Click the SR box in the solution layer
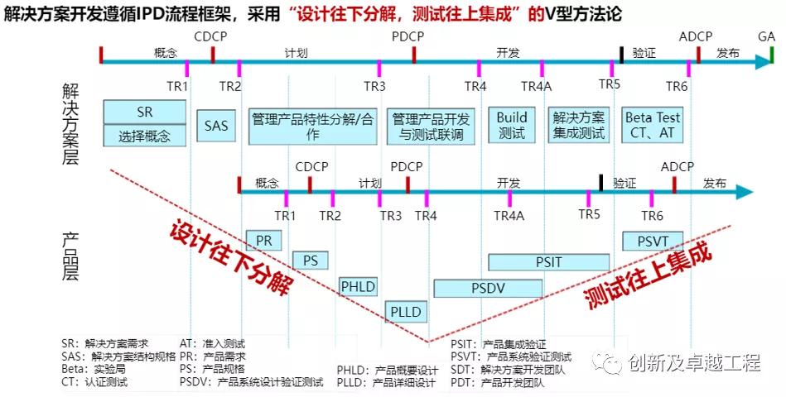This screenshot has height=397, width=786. pos(144,112)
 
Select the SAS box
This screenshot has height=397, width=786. pos(216,126)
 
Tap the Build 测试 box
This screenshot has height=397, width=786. pos(512,125)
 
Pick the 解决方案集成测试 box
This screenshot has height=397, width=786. pos(577,125)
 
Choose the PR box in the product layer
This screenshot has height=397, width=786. pos(264,239)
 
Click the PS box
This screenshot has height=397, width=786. pos(311,260)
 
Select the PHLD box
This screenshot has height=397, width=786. pos(358,287)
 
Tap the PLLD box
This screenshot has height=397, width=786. pos(404,312)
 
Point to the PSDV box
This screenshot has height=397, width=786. pos(489,288)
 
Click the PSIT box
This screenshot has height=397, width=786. pos(548,261)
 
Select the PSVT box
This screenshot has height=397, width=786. pos(652,240)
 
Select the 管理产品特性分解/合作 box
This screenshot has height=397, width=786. pos(312,125)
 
